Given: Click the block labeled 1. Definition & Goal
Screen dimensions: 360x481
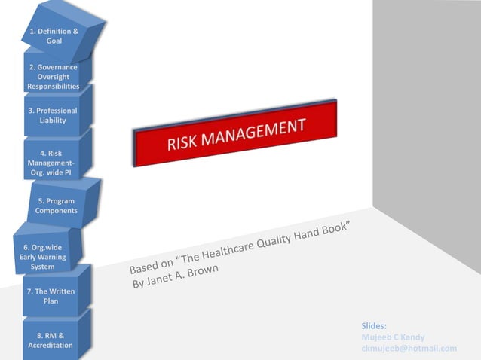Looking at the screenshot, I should pos(54,35).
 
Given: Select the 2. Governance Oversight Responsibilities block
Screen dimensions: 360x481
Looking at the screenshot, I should pos(53,77).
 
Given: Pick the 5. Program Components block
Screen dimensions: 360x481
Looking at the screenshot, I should pos(57,206).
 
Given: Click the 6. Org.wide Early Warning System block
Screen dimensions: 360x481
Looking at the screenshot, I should pos(42,256).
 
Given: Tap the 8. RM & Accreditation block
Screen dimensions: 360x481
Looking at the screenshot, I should pos(51,340).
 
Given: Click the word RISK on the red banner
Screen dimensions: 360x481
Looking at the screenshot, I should pos(185,142).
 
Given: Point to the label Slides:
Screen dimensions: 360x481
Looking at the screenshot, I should pos(374,325).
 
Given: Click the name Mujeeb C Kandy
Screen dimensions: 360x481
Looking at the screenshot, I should pos(393,337).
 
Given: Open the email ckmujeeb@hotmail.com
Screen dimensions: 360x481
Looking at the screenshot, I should pos(409,348).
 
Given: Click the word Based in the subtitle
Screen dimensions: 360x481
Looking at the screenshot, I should pos(143,267).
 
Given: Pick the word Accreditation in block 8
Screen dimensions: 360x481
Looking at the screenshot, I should pos(51,345).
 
